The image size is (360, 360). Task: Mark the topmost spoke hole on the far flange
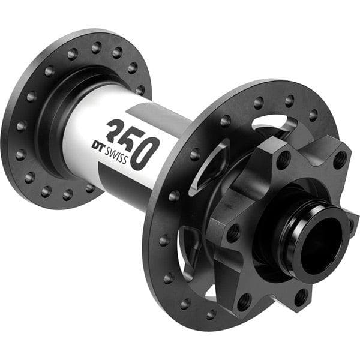(x=96, y=45)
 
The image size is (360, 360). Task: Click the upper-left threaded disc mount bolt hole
(x=283, y=159)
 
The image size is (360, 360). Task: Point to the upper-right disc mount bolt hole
(x=340, y=161)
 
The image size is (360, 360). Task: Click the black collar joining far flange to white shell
(x=57, y=117)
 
